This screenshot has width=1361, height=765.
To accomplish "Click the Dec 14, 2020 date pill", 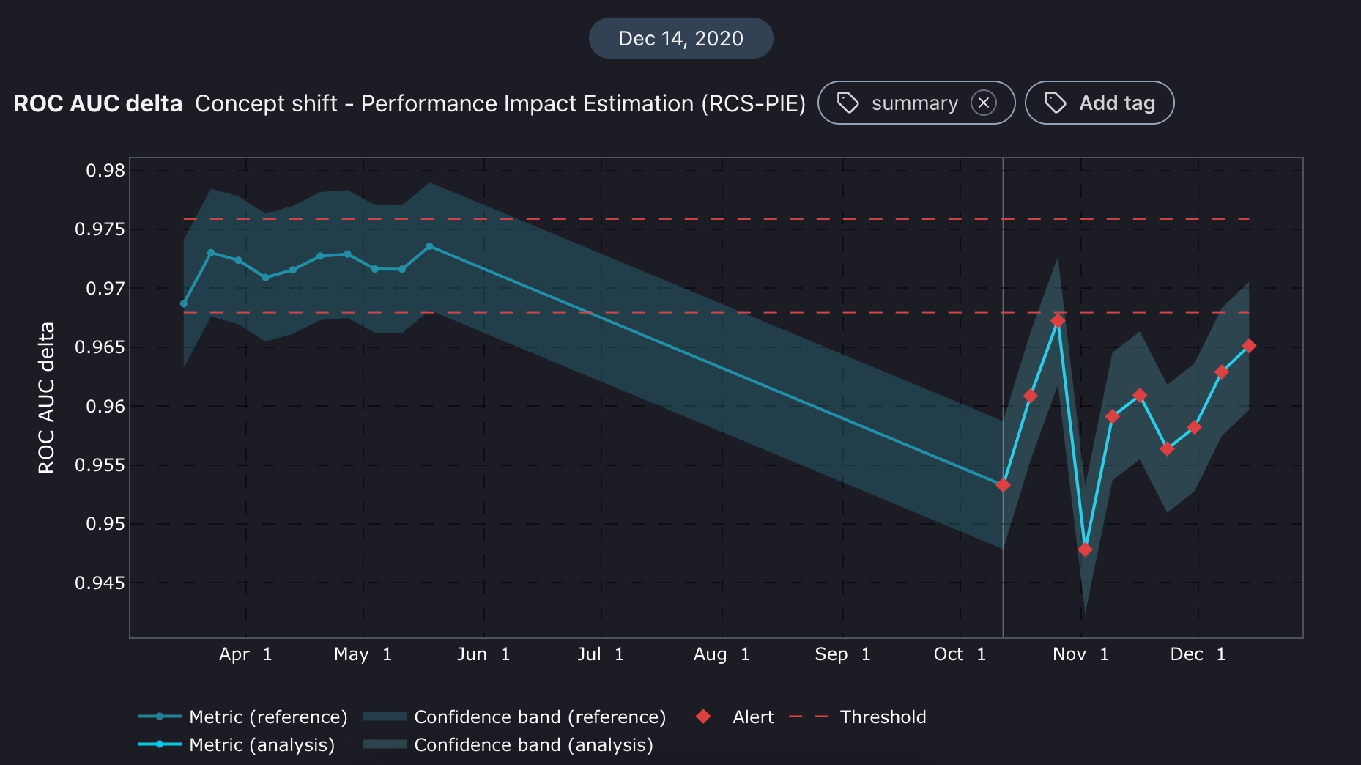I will tap(680, 38).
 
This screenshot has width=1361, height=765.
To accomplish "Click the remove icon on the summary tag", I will tap(983, 103).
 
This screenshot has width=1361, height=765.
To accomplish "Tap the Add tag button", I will tap(1099, 103).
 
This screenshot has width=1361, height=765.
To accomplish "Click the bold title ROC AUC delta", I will tap(97, 103).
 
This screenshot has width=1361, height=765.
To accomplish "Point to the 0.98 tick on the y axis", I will tap(105, 171).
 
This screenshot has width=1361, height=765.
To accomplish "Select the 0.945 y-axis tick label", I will tap(100, 583).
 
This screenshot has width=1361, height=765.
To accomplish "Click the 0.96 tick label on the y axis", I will tap(105, 407).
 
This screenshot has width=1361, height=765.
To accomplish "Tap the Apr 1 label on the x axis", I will tap(245, 654).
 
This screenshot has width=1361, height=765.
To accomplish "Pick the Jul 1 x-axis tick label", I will tap(601, 654).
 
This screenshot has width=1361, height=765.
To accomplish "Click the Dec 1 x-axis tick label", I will tap(1198, 654).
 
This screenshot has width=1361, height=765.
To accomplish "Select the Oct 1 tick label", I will tap(960, 654).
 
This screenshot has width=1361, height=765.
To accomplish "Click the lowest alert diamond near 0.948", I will tap(1085, 550).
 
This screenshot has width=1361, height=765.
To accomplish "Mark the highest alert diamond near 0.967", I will tap(1058, 321).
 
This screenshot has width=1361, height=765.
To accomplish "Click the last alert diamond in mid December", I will tap(1249, 346).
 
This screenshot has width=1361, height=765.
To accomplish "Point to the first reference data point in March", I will tap(184, 303).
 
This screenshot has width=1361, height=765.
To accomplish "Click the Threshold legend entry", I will tap(858, 717).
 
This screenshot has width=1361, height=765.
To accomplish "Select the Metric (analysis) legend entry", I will tap(236, 744).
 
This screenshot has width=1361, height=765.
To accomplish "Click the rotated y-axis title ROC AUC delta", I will tap(46, 398).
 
